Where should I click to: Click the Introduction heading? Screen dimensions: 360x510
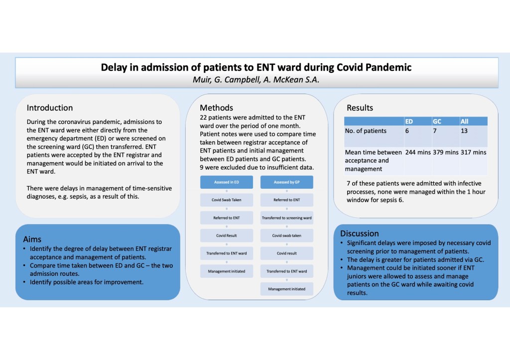tap(50, 108)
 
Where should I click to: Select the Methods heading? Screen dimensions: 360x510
tap(216, 108)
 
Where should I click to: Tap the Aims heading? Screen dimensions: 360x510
tap(32, 239)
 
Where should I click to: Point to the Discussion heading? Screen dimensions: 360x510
tap(359, 234)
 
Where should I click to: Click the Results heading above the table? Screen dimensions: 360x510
tap(360, 108)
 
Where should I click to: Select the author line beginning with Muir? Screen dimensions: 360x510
tap(256, 79)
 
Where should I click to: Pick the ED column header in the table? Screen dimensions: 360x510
tap(409, 121)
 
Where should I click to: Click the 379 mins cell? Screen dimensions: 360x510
tap(445, 152)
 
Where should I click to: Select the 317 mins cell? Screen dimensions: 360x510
tap(473, 152)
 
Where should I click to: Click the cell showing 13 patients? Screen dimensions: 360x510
tap(464, 131)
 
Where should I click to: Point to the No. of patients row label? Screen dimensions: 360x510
tap(366, 131)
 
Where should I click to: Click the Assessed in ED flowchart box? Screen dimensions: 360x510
tap(226, 182)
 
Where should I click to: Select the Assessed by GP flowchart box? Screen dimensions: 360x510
tap(286, 182)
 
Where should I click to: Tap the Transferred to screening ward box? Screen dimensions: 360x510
tap(286, 218)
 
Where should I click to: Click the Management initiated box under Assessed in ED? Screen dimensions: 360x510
tap(226, 271)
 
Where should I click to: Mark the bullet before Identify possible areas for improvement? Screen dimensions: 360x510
tap(26, 282)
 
